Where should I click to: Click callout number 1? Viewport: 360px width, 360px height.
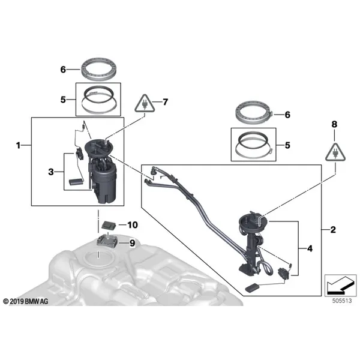(x=19, y=145)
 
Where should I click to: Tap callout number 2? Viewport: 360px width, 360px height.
(x=333, y=230)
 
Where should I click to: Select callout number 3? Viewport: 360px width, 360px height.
(x=51, y=172)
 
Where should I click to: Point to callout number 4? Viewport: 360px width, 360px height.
(x=310, y=248)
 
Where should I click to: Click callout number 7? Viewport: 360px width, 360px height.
(x=166, y=102)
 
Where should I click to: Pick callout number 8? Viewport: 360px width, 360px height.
(x=334, y=124)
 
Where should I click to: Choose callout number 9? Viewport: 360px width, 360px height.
(x=132, y=243)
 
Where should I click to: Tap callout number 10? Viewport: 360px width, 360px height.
(x=133, y=225)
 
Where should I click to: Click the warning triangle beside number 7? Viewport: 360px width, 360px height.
(x=145, y=104)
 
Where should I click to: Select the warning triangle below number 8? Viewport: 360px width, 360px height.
(x=335, y=152)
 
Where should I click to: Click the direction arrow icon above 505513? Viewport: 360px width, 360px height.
(x=340, y=286)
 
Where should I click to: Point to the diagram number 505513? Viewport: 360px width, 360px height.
(x=342, y=301)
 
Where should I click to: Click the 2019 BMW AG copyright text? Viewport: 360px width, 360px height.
(x=26, y=301)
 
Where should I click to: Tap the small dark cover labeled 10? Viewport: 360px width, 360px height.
(x=109, y=225)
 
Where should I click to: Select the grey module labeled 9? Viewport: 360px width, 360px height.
(x=107, y=242)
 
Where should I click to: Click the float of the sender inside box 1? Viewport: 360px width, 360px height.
(x=76, y=182)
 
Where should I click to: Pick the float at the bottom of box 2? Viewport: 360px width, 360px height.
(x=253, y=288)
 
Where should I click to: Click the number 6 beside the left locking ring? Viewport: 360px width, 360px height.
(x=63, y=70)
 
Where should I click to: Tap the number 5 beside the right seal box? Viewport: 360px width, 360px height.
(x=287, y=145)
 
